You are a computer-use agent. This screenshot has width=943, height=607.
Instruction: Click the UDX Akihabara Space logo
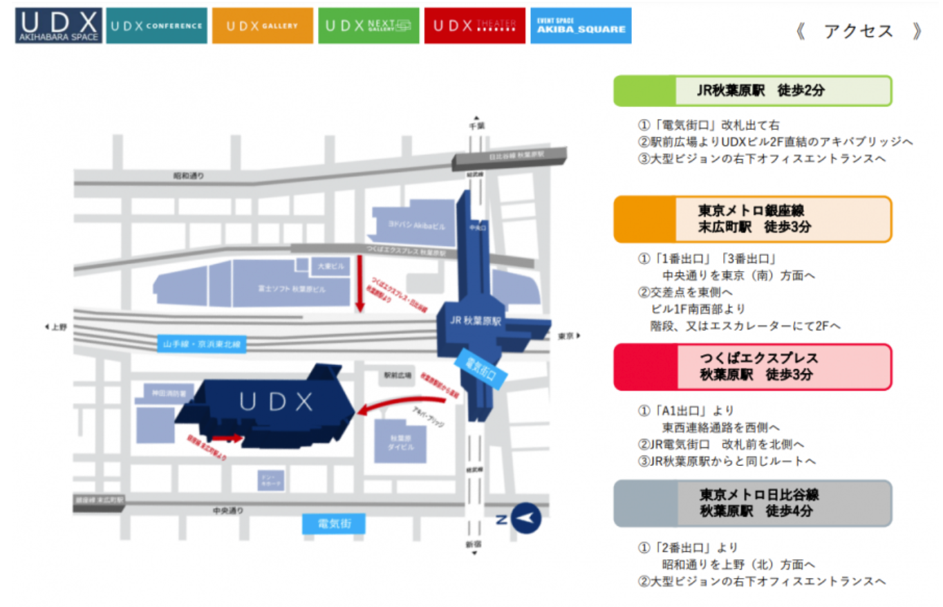point(59,26)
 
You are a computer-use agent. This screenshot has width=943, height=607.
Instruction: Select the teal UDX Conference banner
point(158,26)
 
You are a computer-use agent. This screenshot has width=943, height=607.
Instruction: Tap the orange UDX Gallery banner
point(262,26)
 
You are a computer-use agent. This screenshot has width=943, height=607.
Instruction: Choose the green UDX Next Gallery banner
point(368,26)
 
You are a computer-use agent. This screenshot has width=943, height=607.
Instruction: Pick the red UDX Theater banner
point(475,26)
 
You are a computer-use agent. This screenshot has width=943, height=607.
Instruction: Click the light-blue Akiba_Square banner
point(581,26)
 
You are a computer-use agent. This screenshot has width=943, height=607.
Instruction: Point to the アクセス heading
point(859,31)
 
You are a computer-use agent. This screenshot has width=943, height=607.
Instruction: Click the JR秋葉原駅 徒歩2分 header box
point(752,91)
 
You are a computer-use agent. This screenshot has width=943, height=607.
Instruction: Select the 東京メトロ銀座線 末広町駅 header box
point(752,218)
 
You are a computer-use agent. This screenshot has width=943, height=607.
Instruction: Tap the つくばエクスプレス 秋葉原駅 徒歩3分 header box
point(752,366)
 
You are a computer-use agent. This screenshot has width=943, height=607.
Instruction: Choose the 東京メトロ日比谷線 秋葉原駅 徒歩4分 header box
point(752,503)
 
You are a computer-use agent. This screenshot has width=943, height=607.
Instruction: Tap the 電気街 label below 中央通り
point(335,523)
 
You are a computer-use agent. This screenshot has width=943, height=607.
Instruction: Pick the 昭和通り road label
point(188,176)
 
